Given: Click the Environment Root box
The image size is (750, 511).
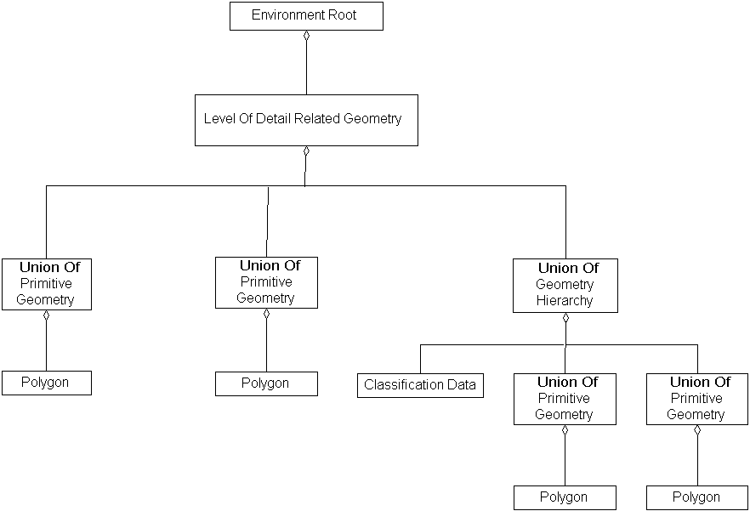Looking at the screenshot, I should pyautogui.click(x=306, y=16).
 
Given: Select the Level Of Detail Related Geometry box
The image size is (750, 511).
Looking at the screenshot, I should pyautogui.click(x=306, y=120).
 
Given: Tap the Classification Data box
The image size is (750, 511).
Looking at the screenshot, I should pyautogui.click(x=420, y=385).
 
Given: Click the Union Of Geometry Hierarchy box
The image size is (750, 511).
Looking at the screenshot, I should pyautogui.click(x=565, y=285).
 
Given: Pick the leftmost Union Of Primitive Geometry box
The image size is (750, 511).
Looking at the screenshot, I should pyautogui.click(x=46, y=283).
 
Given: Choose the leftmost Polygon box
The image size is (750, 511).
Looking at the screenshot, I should pyautogui.click(x=46, y=383).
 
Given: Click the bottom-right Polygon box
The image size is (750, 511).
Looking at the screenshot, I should pyautogui.click(x=696, y=497).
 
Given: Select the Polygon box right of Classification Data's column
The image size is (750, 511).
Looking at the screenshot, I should pyautogui.click(x=565, y=497).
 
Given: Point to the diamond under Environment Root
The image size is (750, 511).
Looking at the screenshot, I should pyautogui.click(x=306, y=37).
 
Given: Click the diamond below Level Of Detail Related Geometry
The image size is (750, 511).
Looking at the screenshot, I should pyautogui.click(x=306, y=152).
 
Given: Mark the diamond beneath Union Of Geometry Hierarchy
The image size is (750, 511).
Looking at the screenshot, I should pyautogui.click(x=565, y=319).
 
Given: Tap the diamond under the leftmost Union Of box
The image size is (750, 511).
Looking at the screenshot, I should pyautogui.click(x=46, y=316).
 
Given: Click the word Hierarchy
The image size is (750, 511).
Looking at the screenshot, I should pyautogui.click(x=565, y=300).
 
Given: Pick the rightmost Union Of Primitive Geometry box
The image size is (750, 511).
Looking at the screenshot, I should pyautogui.click(x=696, y=399).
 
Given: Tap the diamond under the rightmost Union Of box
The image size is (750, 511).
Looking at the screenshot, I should pyautogui.click(x=697, y=431).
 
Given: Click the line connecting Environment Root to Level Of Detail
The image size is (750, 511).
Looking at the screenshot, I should pyautogui.click(x=306, y=68).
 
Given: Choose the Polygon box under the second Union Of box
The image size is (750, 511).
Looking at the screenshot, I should pyautogui.click(x=266, y=383).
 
